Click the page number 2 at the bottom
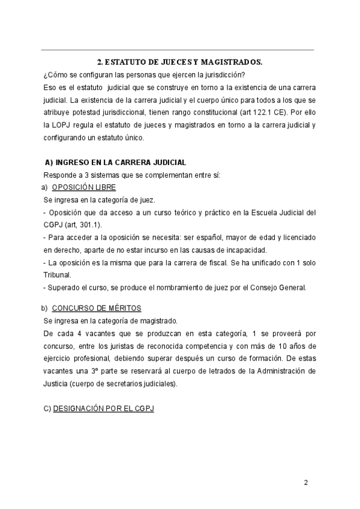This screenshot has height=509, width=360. tap(305, 483)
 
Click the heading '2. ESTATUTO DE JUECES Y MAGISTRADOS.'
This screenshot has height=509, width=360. tap(179, 62)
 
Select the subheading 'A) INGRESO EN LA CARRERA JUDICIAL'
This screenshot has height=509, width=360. tap(116, 163)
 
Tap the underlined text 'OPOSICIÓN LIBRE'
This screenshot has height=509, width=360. tap(80, 187)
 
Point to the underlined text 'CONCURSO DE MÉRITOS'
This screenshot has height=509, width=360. tap(97, 308)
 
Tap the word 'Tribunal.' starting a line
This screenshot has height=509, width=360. tap(58, 275)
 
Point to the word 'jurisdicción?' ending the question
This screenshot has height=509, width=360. tap(222, 74)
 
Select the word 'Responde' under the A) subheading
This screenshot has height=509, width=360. tap(59, 175)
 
